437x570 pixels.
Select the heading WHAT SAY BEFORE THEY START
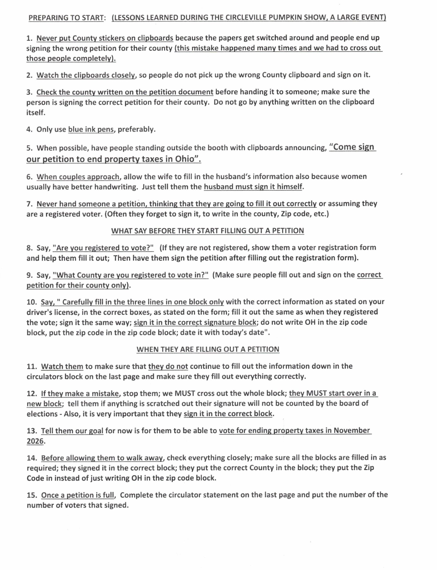(x=207, y=231)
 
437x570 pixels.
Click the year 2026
(x=35, y=441)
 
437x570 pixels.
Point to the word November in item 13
(x=351, y=430)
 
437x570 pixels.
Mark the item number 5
(x=29, y=148)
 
